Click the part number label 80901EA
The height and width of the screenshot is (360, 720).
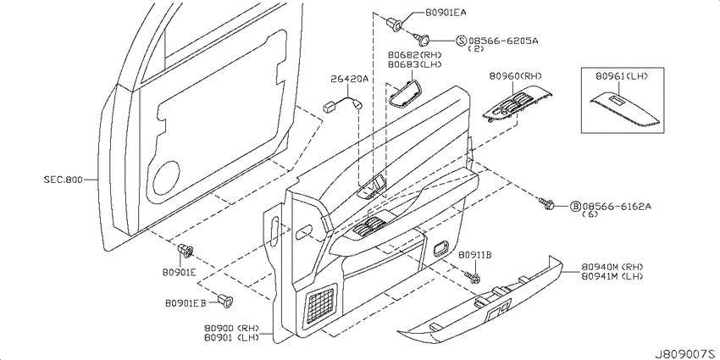(440, 13)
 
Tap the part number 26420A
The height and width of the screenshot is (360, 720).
(350, 79)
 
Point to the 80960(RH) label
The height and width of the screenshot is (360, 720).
(516, 75)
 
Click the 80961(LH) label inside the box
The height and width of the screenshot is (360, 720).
(622, 76)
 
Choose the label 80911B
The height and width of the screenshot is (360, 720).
(475, 254)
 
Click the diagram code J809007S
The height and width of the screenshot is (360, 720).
(686, 354)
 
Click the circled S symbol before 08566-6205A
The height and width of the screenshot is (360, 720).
(462, 42)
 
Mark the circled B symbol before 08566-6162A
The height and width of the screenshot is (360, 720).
(575, 206)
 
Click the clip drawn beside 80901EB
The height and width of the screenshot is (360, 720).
(225, 301)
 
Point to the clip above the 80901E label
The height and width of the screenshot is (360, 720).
(185, 251)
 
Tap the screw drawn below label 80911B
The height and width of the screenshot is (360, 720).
(472, 276)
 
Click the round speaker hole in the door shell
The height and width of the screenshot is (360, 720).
(166, 179)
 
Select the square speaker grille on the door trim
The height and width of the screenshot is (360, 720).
(321, 303)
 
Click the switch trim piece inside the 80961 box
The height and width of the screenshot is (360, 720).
(625, 109)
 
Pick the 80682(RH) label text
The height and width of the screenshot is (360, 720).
(415, 56)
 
